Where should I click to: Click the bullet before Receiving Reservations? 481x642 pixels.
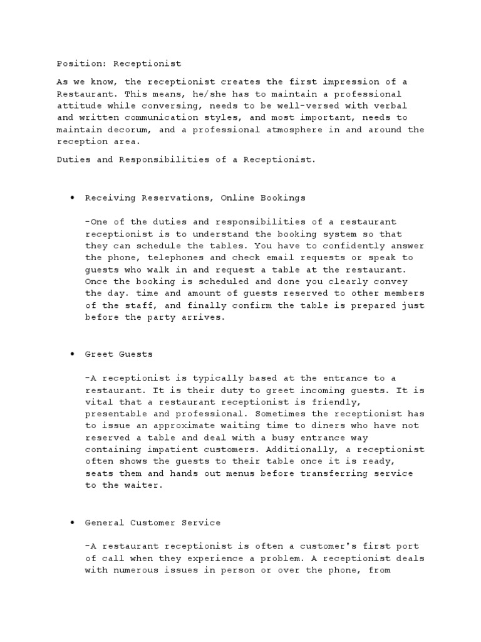pos(73,198)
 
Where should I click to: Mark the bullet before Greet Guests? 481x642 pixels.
pos(73,354)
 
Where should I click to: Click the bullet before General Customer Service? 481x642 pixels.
pos(73,522)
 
